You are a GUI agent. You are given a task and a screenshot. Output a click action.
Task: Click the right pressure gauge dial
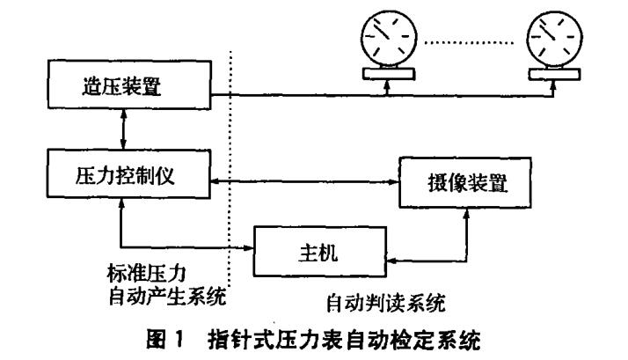[551, 40]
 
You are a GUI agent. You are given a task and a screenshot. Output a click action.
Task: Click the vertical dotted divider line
[231, 176]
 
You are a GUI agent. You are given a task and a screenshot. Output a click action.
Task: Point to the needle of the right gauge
[548, 35]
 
